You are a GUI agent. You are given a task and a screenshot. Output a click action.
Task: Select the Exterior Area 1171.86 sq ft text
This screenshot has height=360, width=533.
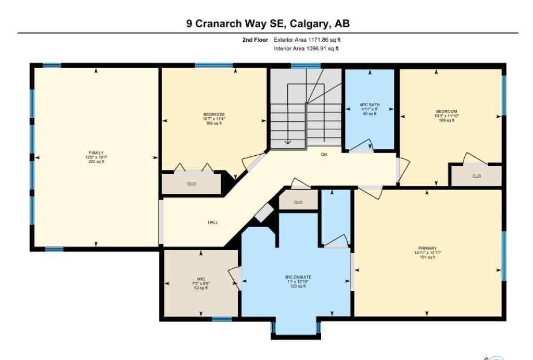point(307,40)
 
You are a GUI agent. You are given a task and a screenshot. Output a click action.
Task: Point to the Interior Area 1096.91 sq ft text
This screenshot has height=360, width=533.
point(306,49)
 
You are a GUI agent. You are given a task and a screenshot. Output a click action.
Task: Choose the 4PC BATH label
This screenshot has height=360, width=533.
point(370,105)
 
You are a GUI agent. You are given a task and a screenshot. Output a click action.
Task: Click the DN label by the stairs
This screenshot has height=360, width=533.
point(324,154)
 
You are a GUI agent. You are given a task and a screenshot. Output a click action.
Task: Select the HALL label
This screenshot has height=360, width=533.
point(212,222)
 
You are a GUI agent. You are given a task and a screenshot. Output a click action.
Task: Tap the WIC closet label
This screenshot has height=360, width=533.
point(200,279)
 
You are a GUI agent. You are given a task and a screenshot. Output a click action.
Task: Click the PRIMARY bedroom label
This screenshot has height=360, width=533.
point(427,248)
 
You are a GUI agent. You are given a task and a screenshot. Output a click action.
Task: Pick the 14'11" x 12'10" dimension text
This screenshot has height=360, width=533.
point(427,253)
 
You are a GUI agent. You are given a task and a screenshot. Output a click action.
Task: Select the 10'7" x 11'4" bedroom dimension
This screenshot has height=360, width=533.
point(214,119)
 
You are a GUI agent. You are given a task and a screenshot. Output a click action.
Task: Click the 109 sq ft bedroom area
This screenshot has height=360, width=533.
point(447,120)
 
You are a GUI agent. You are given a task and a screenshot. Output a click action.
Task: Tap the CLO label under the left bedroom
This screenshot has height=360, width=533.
point(191,184)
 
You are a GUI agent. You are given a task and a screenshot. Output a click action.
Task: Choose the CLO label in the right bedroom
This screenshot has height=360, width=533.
point(476,176)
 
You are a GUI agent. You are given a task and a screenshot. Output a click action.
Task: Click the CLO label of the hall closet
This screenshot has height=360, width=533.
point(298,202)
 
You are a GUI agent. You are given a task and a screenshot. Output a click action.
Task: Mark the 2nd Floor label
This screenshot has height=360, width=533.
point(255,40)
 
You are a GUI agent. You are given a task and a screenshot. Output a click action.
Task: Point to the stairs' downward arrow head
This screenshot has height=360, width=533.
point(288,143)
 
